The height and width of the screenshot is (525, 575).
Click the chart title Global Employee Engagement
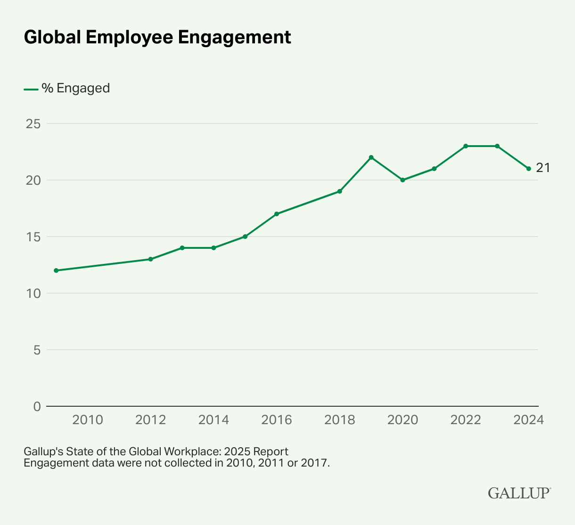click(157, 38)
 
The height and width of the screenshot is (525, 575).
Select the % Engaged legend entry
click(75, 89)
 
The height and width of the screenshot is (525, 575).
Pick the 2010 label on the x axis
click(88, 420)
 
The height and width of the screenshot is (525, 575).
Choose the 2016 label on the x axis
click(277, 420)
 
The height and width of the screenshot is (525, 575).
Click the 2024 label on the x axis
click(528, 420)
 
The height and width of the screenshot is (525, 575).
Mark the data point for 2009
click(56, 271)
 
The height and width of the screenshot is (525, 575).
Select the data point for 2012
click(150, 259)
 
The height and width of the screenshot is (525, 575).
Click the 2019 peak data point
click(371, 157)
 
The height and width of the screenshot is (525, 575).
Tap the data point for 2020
click(402, 180)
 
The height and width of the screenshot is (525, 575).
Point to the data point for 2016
click(277, 214)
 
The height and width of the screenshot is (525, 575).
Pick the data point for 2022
click(466, 146)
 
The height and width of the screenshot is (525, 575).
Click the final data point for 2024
click(528, 169)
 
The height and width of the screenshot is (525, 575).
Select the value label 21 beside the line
click(543, 168)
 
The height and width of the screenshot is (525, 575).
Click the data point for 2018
click(339, 191)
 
